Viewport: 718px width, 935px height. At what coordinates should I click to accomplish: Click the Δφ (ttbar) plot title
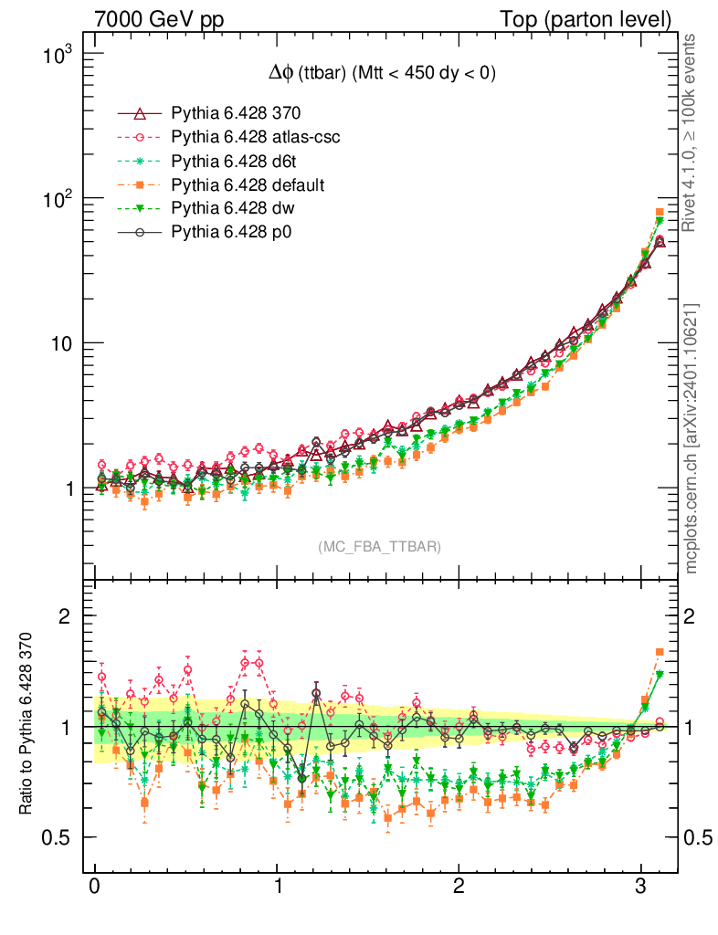pyautogui.click(x=375, y=74)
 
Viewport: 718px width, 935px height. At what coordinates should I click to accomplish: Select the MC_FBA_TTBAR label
pyautogui.click(x=379, y=547)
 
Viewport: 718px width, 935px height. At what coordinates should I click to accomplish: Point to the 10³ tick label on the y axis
pyautogui.click(x=57, y=55)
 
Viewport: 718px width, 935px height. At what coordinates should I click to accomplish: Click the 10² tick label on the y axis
pyautogui.click(x=57, y=199)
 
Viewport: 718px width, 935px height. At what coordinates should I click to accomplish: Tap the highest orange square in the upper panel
pyautogui.click(x=660, y=213)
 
